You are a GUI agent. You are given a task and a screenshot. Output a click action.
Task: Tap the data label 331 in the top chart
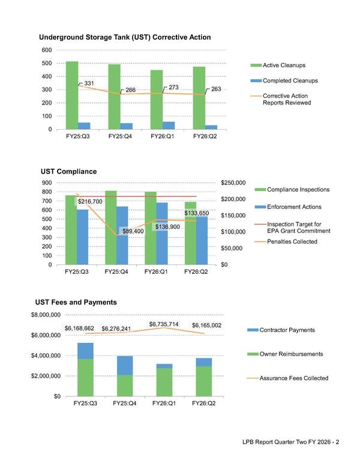(x=87, y=82)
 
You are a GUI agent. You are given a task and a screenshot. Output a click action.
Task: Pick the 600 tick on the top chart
(x=46, y=50)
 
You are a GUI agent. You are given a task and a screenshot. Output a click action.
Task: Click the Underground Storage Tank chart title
(x=125, y=37)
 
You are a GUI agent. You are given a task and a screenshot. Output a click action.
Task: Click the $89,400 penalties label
(x=133, y=231)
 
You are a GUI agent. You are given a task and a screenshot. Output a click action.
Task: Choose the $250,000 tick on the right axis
(x=233, y=183)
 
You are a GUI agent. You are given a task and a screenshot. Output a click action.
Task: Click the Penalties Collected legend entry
(x=292, y=241)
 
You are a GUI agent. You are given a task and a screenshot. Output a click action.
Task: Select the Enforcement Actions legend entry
(x=293, y=207)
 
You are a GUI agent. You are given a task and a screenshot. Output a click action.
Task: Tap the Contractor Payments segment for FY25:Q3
(x=85, y=351)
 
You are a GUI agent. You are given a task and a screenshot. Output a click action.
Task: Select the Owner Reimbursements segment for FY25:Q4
(x=125, y=386)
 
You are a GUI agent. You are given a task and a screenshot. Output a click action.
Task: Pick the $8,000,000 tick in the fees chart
(x=46, y=315)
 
